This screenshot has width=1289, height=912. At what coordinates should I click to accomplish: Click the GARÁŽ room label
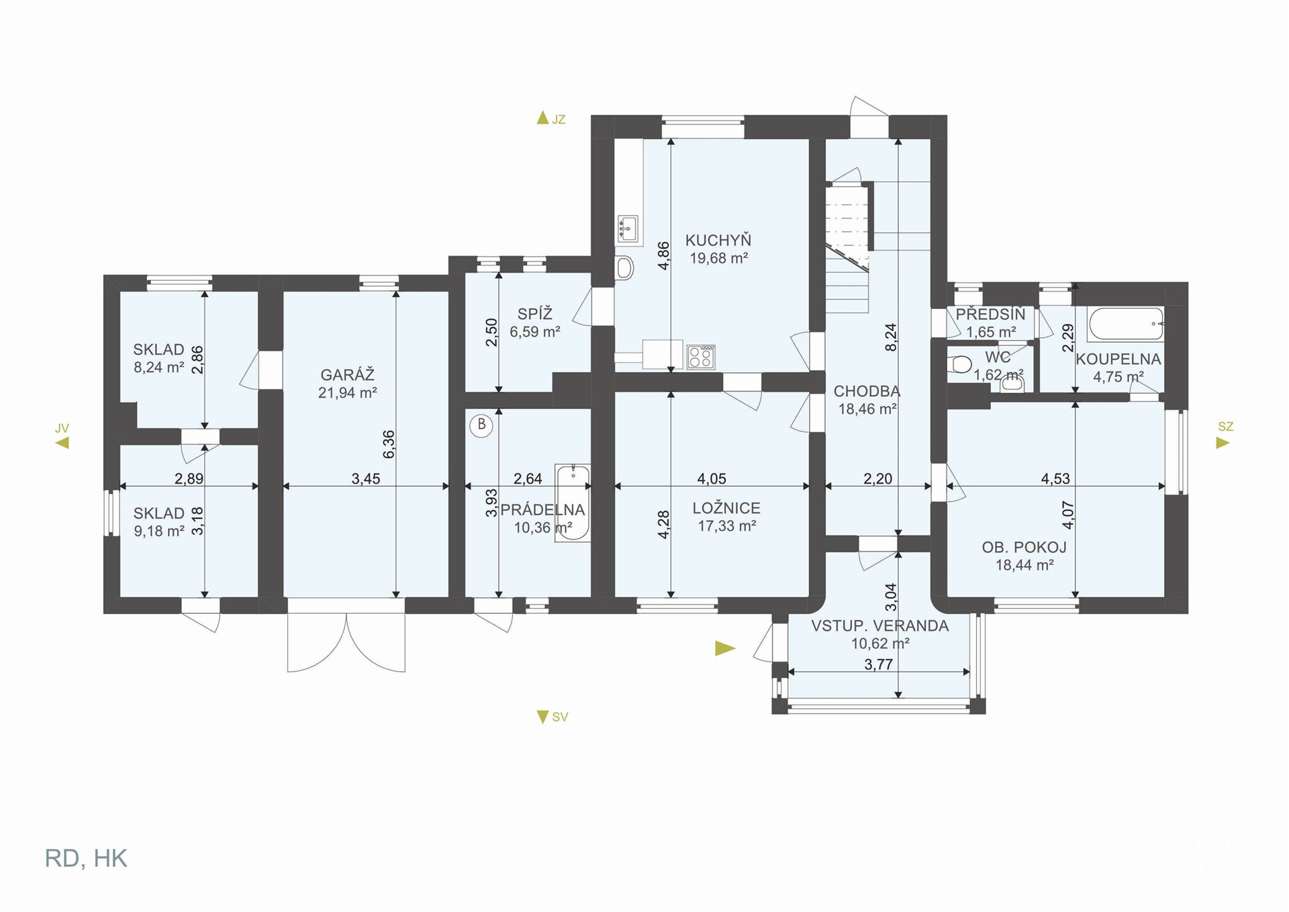[347, 375]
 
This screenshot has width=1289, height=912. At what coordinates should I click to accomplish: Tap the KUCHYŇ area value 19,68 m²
[719, 258]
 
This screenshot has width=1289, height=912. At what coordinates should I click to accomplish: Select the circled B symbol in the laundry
[481, 426]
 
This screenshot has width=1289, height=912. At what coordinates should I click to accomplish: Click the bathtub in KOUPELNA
[1126, 324]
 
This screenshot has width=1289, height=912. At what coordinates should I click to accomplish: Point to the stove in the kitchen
[700, 357]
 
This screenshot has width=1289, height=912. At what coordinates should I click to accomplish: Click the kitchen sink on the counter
[628, 229]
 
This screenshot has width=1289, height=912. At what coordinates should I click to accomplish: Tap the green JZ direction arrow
[542, 118]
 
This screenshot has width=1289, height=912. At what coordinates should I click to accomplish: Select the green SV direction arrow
[542, 717]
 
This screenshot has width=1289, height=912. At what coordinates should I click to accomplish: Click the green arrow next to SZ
[1223, 443]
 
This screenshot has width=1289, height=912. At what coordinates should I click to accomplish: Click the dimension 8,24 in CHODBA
[891, 337]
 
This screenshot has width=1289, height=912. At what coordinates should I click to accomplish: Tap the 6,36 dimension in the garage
[389, 444]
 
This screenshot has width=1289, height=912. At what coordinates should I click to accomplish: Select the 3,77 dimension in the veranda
[878, 665]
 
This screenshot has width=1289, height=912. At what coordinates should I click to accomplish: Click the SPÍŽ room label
[535, 314]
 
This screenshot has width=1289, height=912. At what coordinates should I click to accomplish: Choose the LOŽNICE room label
[726, 508]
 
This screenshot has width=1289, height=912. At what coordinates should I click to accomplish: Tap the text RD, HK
[86, 859]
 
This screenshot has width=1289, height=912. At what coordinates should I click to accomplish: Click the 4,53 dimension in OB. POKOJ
[1055, 479]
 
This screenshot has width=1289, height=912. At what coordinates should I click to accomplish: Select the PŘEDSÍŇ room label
[991, 314]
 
